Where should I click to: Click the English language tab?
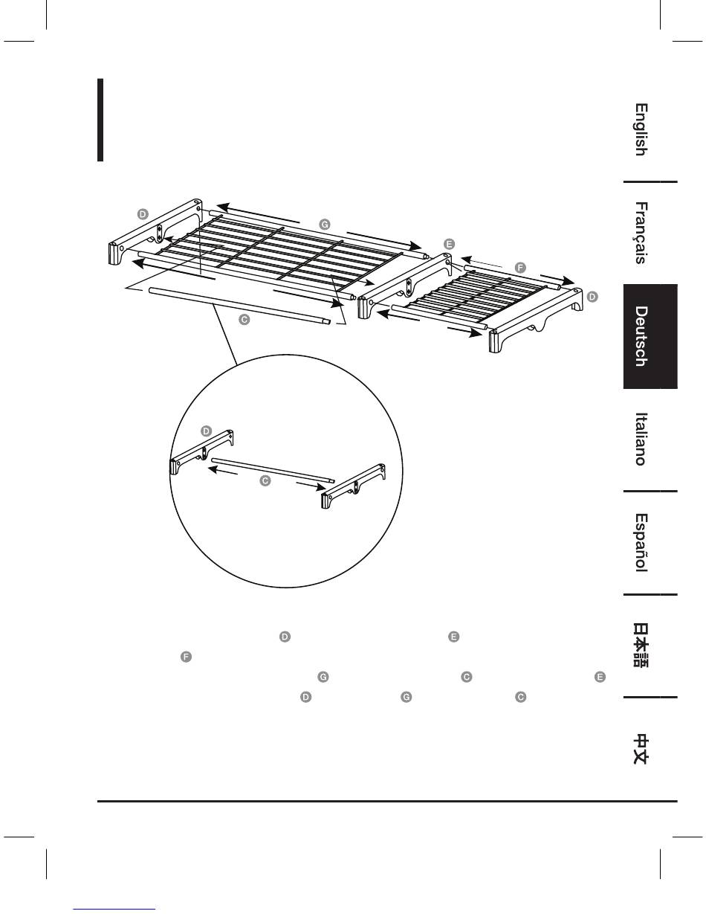click(640, 129)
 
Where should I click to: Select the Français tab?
click(640, 233)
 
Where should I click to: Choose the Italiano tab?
click(640, 439)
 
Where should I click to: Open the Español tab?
click(640, 543)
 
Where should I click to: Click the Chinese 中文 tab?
click(640, 749)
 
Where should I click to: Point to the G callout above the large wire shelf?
click(323, 223)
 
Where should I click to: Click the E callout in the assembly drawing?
click(448, 243)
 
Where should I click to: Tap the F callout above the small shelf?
click(519, 266)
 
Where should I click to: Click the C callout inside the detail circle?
click(264, 481)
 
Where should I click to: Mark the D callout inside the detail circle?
click(206, 431)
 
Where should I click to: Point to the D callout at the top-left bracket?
click(143, 214)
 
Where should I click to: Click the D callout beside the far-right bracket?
click(592, 296)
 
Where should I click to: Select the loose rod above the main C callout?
click(238, 304)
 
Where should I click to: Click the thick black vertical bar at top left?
click(100, 120)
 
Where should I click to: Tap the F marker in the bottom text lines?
click(186, 657)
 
